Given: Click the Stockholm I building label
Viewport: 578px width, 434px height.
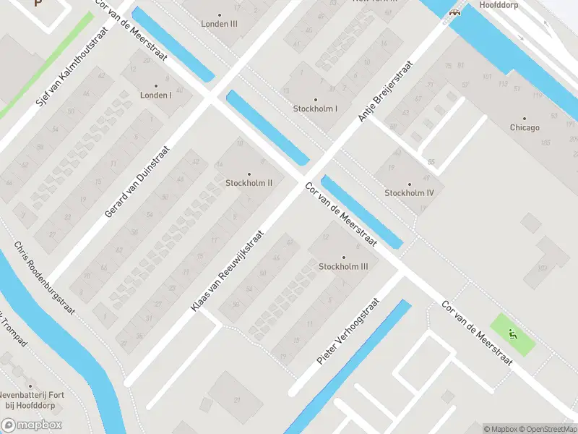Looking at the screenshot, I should pos(315,109).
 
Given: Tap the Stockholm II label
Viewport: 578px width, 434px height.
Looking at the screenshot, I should pos(249,182).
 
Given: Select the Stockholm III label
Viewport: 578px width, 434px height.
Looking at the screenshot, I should pos(343,266).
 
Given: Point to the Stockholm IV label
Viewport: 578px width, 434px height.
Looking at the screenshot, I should pos(409,192).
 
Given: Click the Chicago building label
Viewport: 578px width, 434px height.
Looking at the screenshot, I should pos(524,127).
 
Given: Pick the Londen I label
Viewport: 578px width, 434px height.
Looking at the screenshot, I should pos(155,95).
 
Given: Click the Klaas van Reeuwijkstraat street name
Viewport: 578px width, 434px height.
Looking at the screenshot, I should pos(227,272).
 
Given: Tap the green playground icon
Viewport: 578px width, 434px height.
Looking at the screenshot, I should pos(513,333).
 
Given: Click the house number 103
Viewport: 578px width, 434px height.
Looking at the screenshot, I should pos(541,268).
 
